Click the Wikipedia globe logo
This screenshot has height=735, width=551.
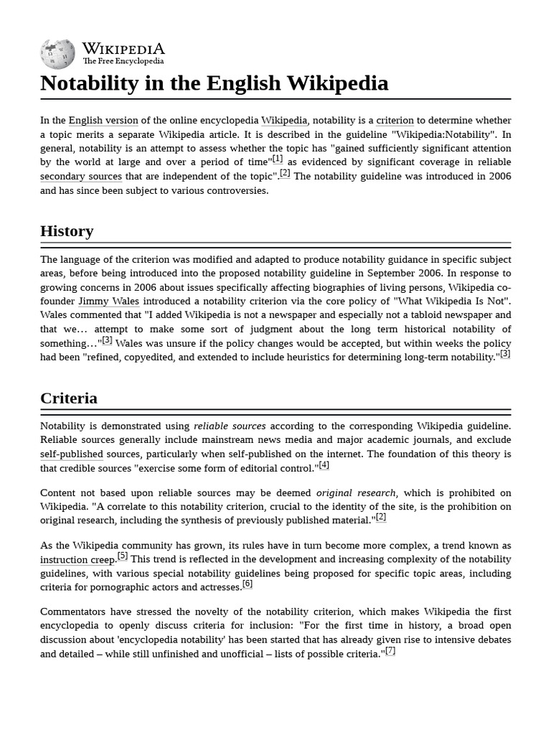(57, 53)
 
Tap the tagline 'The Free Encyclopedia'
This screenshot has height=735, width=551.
(123, 62)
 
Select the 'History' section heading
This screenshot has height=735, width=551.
(67, 231)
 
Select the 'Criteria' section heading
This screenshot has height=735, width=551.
(69, 398)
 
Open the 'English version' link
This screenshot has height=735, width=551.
(103, 121)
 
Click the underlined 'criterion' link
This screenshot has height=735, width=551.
(395, 121)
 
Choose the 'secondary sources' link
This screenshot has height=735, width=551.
(81, 177)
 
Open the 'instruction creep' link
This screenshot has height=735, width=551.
(77, 560)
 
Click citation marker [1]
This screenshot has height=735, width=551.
(278, 159)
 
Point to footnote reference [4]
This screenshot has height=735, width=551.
(324, 465)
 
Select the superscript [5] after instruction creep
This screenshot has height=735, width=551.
(123, 556)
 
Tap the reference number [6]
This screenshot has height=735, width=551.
(248, 584)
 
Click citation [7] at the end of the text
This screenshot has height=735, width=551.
(390, 651)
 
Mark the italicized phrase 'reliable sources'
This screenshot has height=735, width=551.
(230, 426)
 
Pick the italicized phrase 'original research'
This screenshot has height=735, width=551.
(356, 493)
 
